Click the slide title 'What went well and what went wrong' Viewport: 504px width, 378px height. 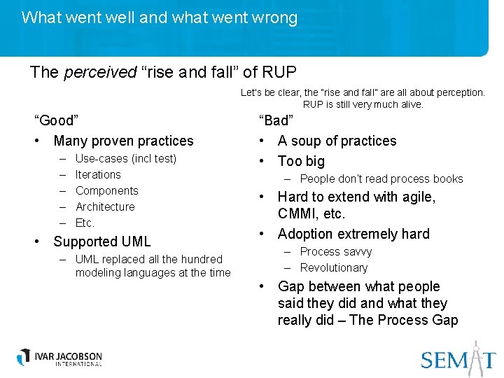159,17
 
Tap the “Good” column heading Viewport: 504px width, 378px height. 57,120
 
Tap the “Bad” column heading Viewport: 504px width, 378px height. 276,120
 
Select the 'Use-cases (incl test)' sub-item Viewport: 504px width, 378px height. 126,159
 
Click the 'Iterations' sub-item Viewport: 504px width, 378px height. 98,175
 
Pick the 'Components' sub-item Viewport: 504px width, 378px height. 107,191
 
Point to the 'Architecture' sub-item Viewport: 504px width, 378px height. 105,207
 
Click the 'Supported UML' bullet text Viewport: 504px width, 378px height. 102,241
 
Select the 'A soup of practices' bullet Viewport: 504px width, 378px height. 337,141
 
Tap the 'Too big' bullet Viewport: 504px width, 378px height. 301,161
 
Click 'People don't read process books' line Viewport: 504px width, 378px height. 381,179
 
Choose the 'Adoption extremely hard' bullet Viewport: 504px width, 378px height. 353,234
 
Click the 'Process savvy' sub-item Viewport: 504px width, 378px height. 336,252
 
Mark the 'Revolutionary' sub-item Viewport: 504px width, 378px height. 334,268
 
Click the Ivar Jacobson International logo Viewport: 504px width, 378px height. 60,358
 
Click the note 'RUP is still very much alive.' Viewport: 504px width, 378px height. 363,104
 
